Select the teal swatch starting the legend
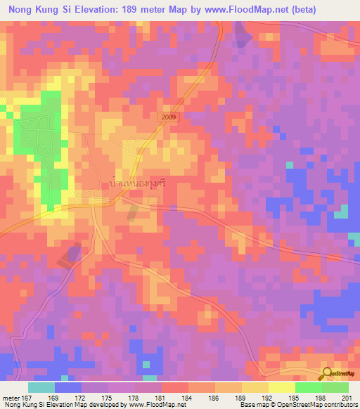click(x=41, y=387)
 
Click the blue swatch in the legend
click(x=68, y=387)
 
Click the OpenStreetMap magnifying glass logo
click(x=328, y=374)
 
